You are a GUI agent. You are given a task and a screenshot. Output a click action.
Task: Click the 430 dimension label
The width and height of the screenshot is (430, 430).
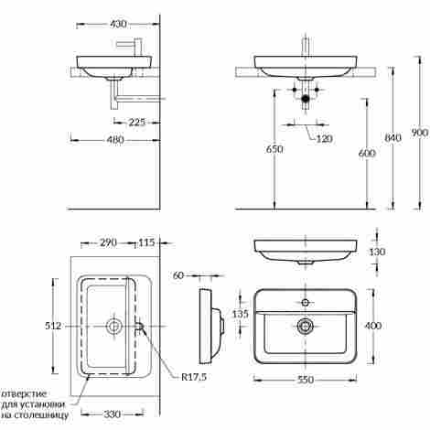point(118,24)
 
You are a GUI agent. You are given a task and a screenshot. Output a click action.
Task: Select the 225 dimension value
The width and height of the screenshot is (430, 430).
point(137,123)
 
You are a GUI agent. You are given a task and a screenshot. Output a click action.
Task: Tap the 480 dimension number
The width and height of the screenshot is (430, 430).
point(115,140)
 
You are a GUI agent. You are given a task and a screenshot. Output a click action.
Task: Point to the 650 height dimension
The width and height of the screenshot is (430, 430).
point(274,149)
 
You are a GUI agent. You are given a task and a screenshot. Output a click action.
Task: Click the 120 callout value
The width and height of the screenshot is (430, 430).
point(324,139)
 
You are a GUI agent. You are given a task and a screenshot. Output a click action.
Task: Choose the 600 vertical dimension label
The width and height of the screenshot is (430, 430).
point(367,153)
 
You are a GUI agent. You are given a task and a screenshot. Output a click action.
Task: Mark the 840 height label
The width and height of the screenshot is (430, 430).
point(392,138)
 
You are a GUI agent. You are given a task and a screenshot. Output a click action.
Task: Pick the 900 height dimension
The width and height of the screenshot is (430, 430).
point(420,133)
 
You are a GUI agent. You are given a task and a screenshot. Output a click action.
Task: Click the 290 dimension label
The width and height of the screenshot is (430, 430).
point(108,242)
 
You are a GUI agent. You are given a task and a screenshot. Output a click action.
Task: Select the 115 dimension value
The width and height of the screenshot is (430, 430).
point(146,242)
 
